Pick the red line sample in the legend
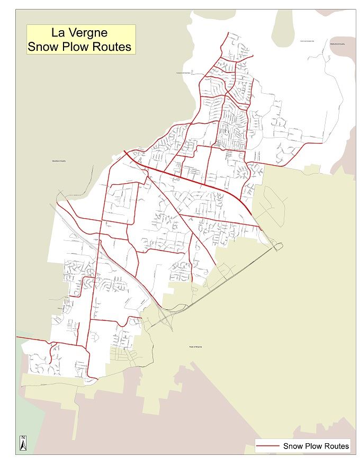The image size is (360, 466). (268, 446)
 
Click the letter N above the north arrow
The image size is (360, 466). (23, 438)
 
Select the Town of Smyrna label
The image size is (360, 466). (196, 347)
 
